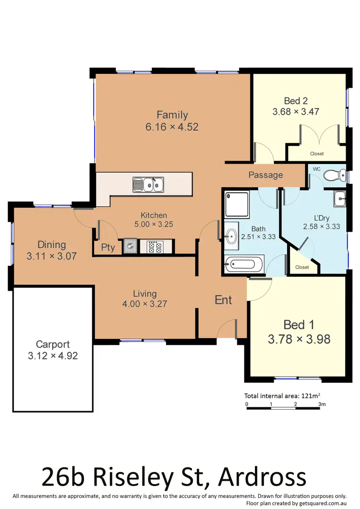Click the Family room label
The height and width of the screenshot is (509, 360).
(x=172, y=115)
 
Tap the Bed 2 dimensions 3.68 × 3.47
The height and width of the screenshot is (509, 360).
(x=296, y=112)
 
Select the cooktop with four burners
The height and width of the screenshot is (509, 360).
(x=155, y=247)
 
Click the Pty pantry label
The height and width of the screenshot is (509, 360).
(x=108, y=248)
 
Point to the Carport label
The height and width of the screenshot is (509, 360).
(x=53, y=344)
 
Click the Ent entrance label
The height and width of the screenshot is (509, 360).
(x=223, y=300)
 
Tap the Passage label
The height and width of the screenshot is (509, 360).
(x=265, y=175)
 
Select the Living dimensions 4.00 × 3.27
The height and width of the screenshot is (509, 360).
(x=145, y=304)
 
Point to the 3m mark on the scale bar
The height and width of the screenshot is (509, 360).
(x=322, y=404)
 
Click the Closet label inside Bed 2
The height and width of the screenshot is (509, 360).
(x=317, y=154)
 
